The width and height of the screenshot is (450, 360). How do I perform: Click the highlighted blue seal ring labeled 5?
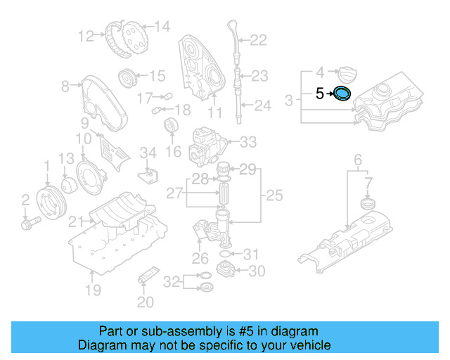click(342, 94)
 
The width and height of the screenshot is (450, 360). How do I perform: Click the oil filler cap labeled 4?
click(348, 72)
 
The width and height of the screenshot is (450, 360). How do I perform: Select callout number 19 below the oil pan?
click(93, 290)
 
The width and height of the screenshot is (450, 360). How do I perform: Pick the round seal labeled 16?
click(170, 128)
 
